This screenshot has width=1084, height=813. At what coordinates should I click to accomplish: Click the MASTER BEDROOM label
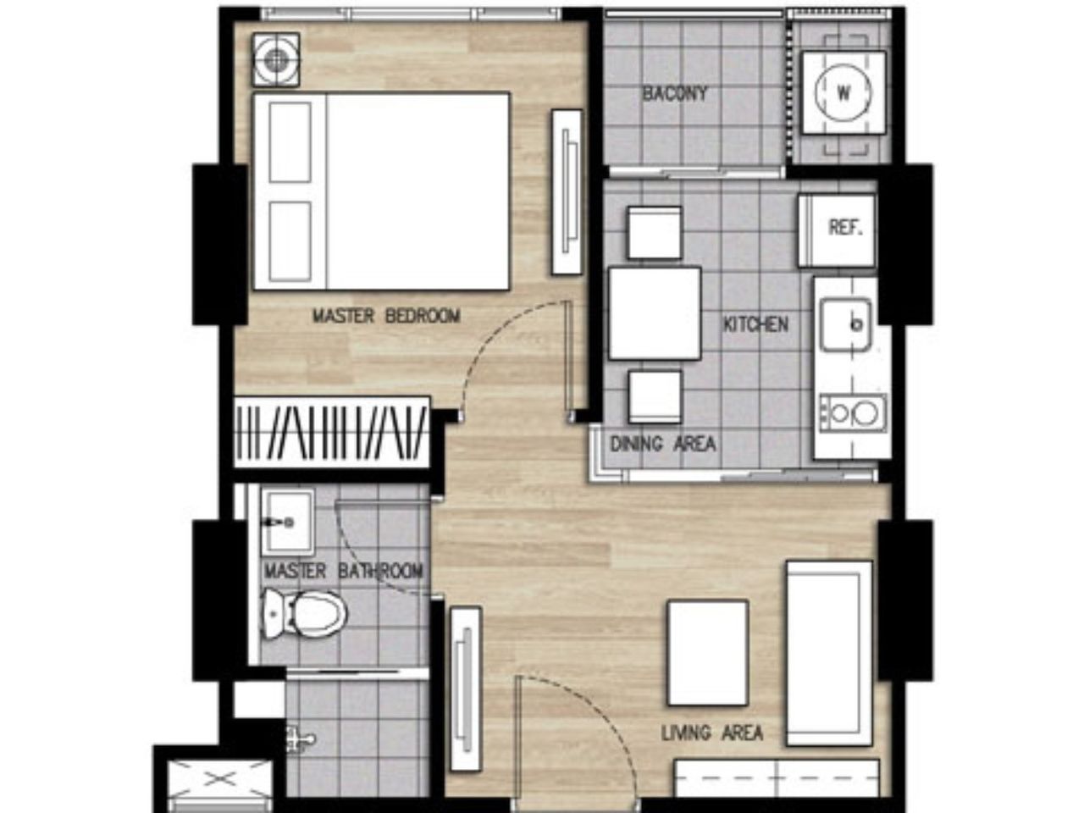tap(386, 315)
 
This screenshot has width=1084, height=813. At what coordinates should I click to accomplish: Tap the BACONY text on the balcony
tap(674, 93)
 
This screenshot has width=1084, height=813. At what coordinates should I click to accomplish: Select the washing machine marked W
tap(843, 92)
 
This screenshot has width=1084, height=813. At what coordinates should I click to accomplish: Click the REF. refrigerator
tap(837, 230)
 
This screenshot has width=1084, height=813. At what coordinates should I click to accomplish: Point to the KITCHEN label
tap(755, 324)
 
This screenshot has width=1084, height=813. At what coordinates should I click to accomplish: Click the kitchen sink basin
tap(845, 324)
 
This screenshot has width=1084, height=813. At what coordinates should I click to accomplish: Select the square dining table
tap(655, 313)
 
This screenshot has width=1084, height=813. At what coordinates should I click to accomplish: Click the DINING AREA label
tap(663, 444)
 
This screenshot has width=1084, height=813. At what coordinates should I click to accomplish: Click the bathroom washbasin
tap(288, 523)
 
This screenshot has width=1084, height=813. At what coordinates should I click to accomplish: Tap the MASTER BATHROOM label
tap(344, 571)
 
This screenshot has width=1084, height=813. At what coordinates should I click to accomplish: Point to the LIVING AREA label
tap(711, 733)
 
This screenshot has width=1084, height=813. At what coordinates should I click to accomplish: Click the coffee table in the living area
tap(707, 653)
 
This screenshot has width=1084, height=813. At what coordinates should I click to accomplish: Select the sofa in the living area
tap(829, 653)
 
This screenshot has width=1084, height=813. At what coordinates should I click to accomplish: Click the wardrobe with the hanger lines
tap(332, 433)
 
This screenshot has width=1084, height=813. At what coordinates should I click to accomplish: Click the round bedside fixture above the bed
tap(276, 60)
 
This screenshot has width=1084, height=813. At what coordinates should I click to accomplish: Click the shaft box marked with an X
tap(220, 779)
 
